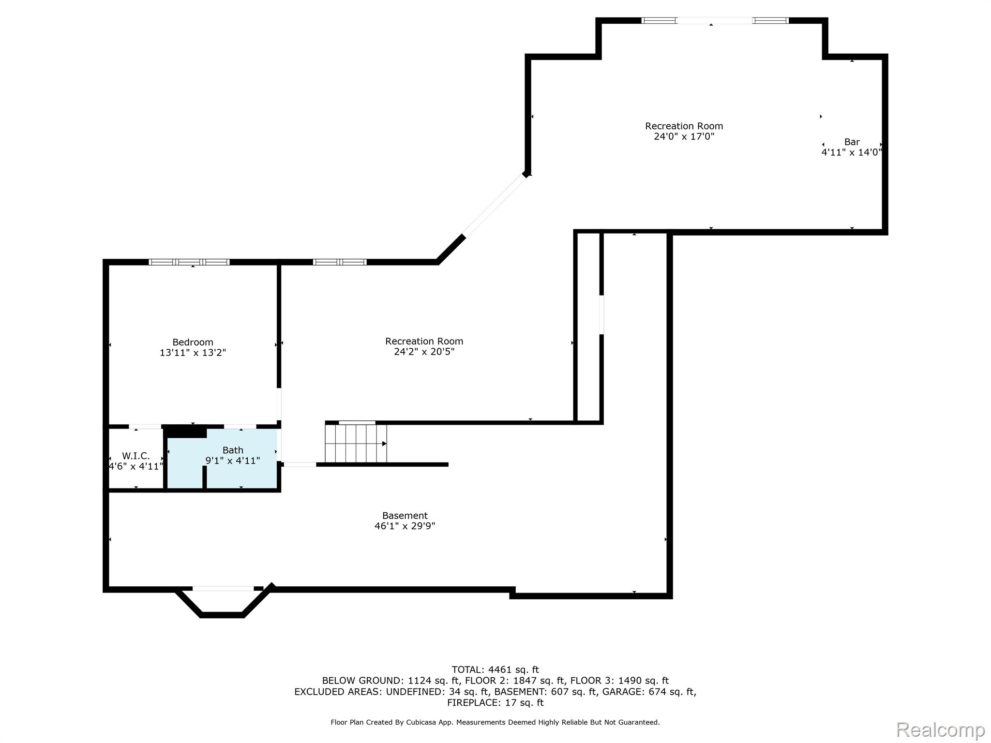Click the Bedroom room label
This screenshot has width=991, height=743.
coord(193,342)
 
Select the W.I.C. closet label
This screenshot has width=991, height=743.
coord(135,456)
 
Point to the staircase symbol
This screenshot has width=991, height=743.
coord(356,444)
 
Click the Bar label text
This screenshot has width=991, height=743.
coord(852,142)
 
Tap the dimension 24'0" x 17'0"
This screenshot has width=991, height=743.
coord(684,136)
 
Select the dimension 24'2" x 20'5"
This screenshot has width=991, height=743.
coord(424,352)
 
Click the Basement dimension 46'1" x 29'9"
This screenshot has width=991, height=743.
coord(405,526)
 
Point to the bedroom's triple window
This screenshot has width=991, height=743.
coord(189,262)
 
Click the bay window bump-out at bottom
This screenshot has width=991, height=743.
coord(223,603)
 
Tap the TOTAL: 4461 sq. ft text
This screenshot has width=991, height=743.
coord(495,669)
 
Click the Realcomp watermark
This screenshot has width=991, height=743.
coord(940,729)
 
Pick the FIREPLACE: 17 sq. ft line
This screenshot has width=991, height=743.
coord(495,702)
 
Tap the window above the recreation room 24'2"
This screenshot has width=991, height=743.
coord(340,262)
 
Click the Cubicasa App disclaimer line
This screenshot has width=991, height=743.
coord(495,722)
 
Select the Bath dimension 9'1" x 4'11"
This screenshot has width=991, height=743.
coord(232,461)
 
